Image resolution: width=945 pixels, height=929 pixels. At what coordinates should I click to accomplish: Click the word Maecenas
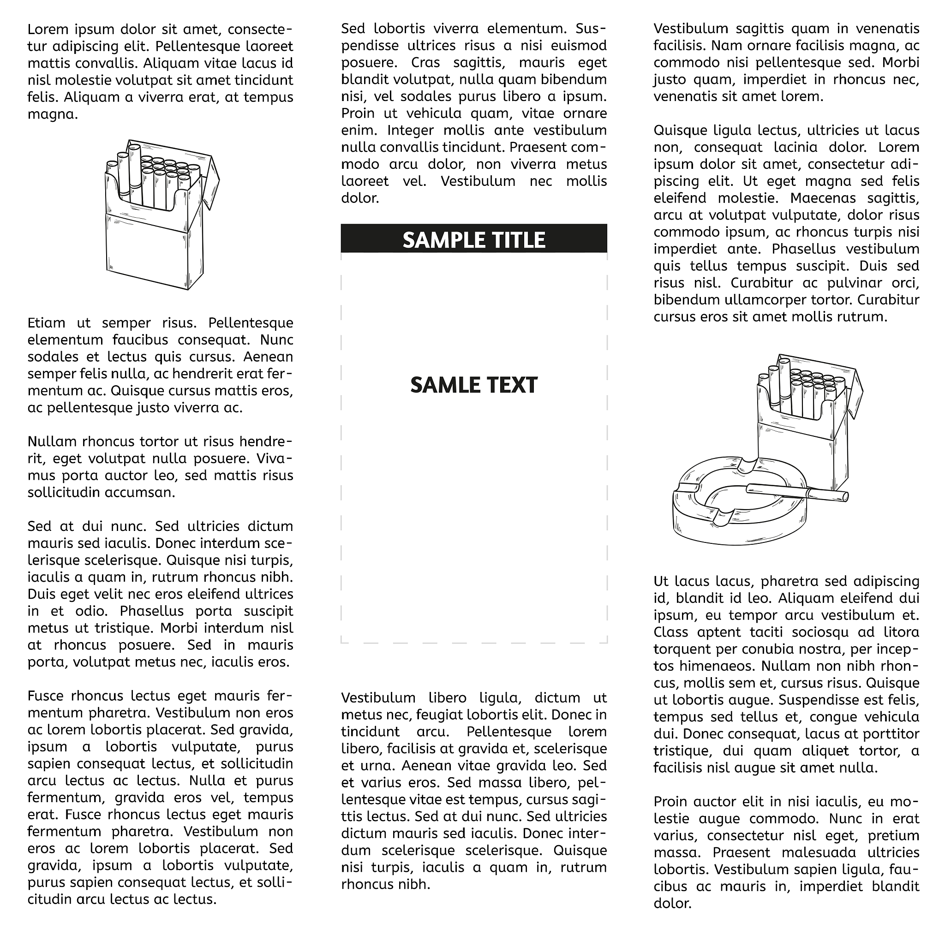pyautogui.click(x=818, y=198)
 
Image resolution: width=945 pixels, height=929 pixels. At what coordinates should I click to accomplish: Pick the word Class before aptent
pyautogui.click(x=670, y=632)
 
